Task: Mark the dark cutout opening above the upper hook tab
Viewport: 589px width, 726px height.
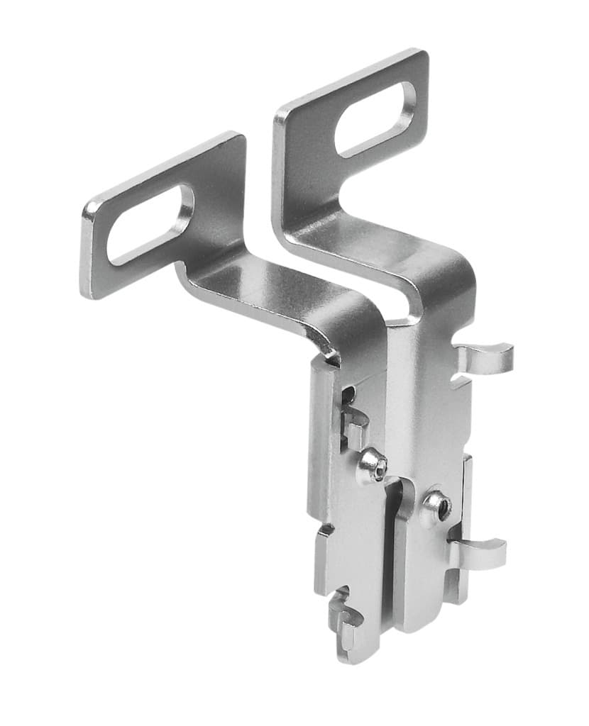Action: click(348, 396)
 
